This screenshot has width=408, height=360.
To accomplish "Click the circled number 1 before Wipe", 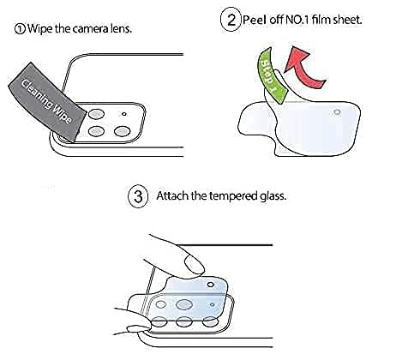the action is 20,29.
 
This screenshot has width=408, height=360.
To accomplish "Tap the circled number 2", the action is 231,20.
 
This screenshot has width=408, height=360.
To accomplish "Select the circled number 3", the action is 138,196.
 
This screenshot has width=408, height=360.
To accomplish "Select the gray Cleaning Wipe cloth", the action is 47,102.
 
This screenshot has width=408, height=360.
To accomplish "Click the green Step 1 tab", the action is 271,75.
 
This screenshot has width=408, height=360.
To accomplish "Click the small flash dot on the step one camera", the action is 124,114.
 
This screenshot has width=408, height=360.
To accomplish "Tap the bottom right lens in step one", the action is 123,132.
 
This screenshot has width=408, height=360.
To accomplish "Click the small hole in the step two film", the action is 338,112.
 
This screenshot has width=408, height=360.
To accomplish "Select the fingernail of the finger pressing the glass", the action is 195,265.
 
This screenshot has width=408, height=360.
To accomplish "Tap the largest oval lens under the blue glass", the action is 183,304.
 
